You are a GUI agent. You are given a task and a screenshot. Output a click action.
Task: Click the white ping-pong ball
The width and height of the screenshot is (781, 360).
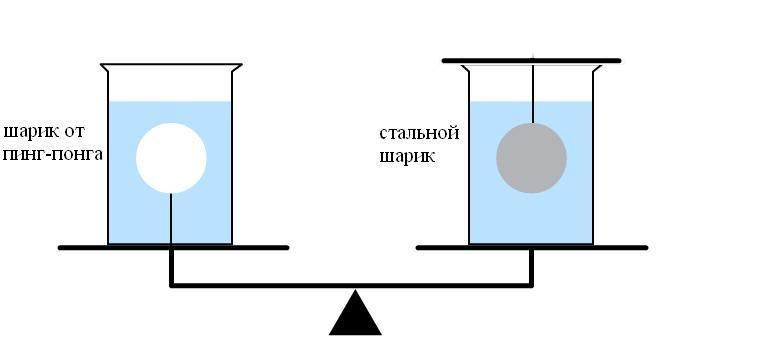pos(171,158)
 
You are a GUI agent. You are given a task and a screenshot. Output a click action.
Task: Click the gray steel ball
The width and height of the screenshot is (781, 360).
pos(531,158)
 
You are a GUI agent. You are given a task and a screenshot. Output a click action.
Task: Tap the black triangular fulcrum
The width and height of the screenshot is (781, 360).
pos(355,313)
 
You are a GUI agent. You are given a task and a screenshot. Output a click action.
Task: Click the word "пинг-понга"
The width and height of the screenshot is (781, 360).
pos(53,154)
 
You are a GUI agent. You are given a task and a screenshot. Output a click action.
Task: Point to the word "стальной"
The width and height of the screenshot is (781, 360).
pos(419,133)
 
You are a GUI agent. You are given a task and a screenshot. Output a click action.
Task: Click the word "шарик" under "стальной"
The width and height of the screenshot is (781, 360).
pos(407,157)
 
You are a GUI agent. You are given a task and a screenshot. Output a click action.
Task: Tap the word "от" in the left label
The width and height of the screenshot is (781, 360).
pos(74,132)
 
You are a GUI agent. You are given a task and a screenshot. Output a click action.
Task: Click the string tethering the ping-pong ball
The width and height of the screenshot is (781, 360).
pos(171,219)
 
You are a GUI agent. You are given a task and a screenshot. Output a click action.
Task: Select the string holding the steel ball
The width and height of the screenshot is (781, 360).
pos(533,93)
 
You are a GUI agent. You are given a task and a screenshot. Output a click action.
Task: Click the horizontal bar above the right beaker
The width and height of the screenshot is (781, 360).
pos(531,61)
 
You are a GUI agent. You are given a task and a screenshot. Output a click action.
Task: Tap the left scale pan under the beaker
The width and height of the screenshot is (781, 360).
pos(173,247)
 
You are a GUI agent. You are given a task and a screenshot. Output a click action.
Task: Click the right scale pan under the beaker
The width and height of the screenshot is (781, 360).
pos(532,247)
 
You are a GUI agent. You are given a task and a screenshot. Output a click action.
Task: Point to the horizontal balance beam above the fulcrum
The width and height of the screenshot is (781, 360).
pos(351,286)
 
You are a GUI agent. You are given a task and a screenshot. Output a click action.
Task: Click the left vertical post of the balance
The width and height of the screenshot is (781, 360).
pos(172,266)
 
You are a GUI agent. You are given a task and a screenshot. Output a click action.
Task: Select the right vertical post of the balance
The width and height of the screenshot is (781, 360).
pos(531,266)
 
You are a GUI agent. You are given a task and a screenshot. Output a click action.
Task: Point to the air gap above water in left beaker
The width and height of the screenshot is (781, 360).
pos(170,84)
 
